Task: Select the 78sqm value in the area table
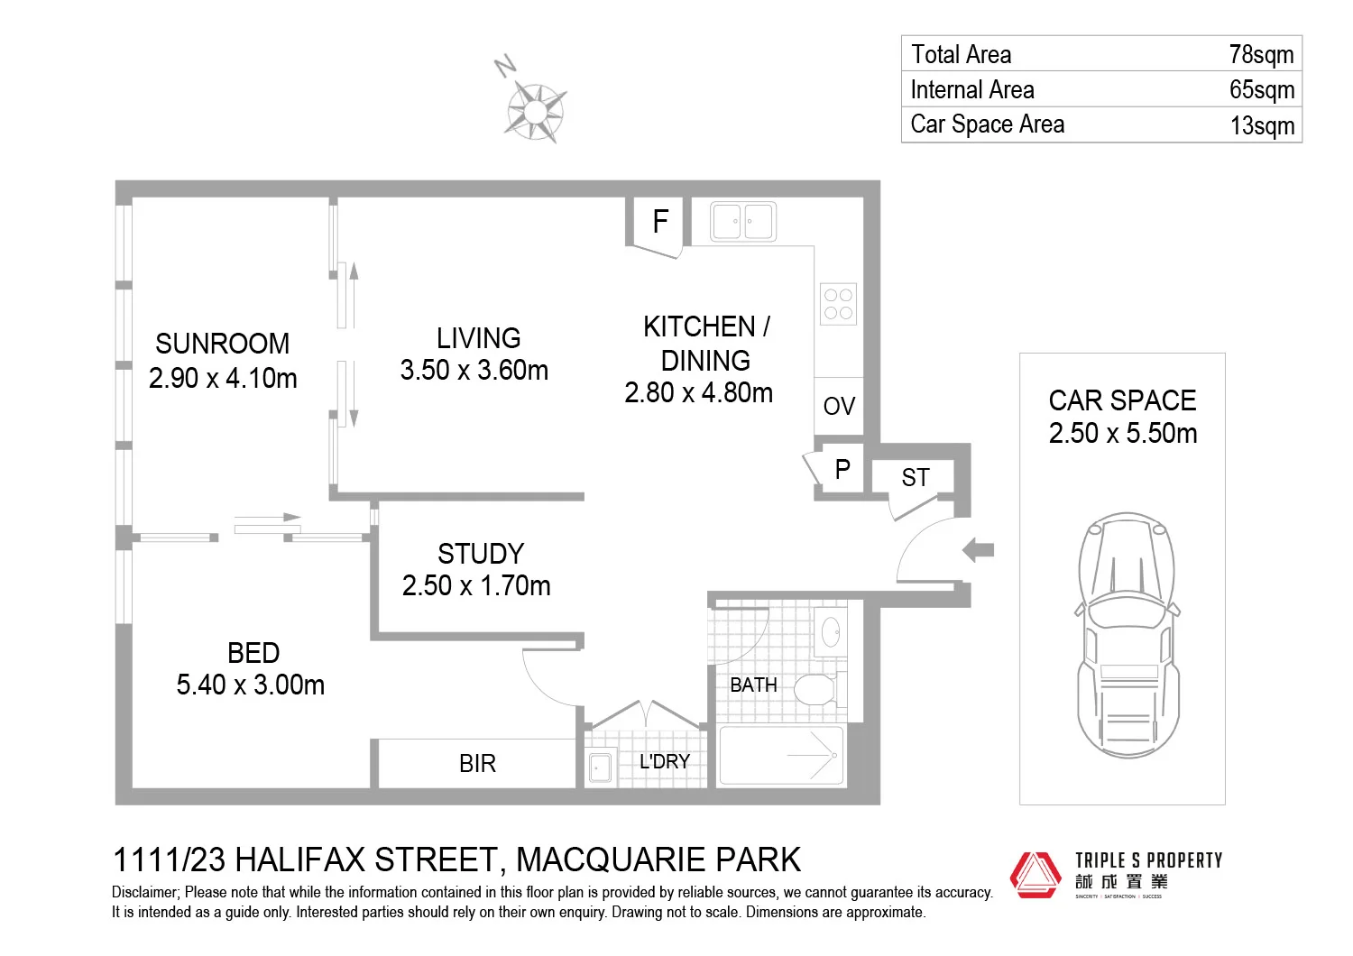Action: point(1261,54)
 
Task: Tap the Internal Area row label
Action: point(972,89)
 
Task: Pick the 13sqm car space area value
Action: point(1262,125)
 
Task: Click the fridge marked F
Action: point(659,221)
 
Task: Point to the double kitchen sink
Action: point(742,221)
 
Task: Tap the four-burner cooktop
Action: point(838,304)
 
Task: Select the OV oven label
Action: point(839,406)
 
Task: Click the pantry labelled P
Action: point(842,470)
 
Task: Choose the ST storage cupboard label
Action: point(915,477)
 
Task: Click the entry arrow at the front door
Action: point(978,549)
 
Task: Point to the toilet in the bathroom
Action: point(815,690)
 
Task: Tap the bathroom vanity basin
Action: point(830,631)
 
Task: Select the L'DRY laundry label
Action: point(664,762)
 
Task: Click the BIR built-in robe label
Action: point(477,764)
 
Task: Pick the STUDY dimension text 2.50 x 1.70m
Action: point(476,586)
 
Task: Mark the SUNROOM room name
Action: point(222,344)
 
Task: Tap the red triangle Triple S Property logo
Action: point(1035,874)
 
